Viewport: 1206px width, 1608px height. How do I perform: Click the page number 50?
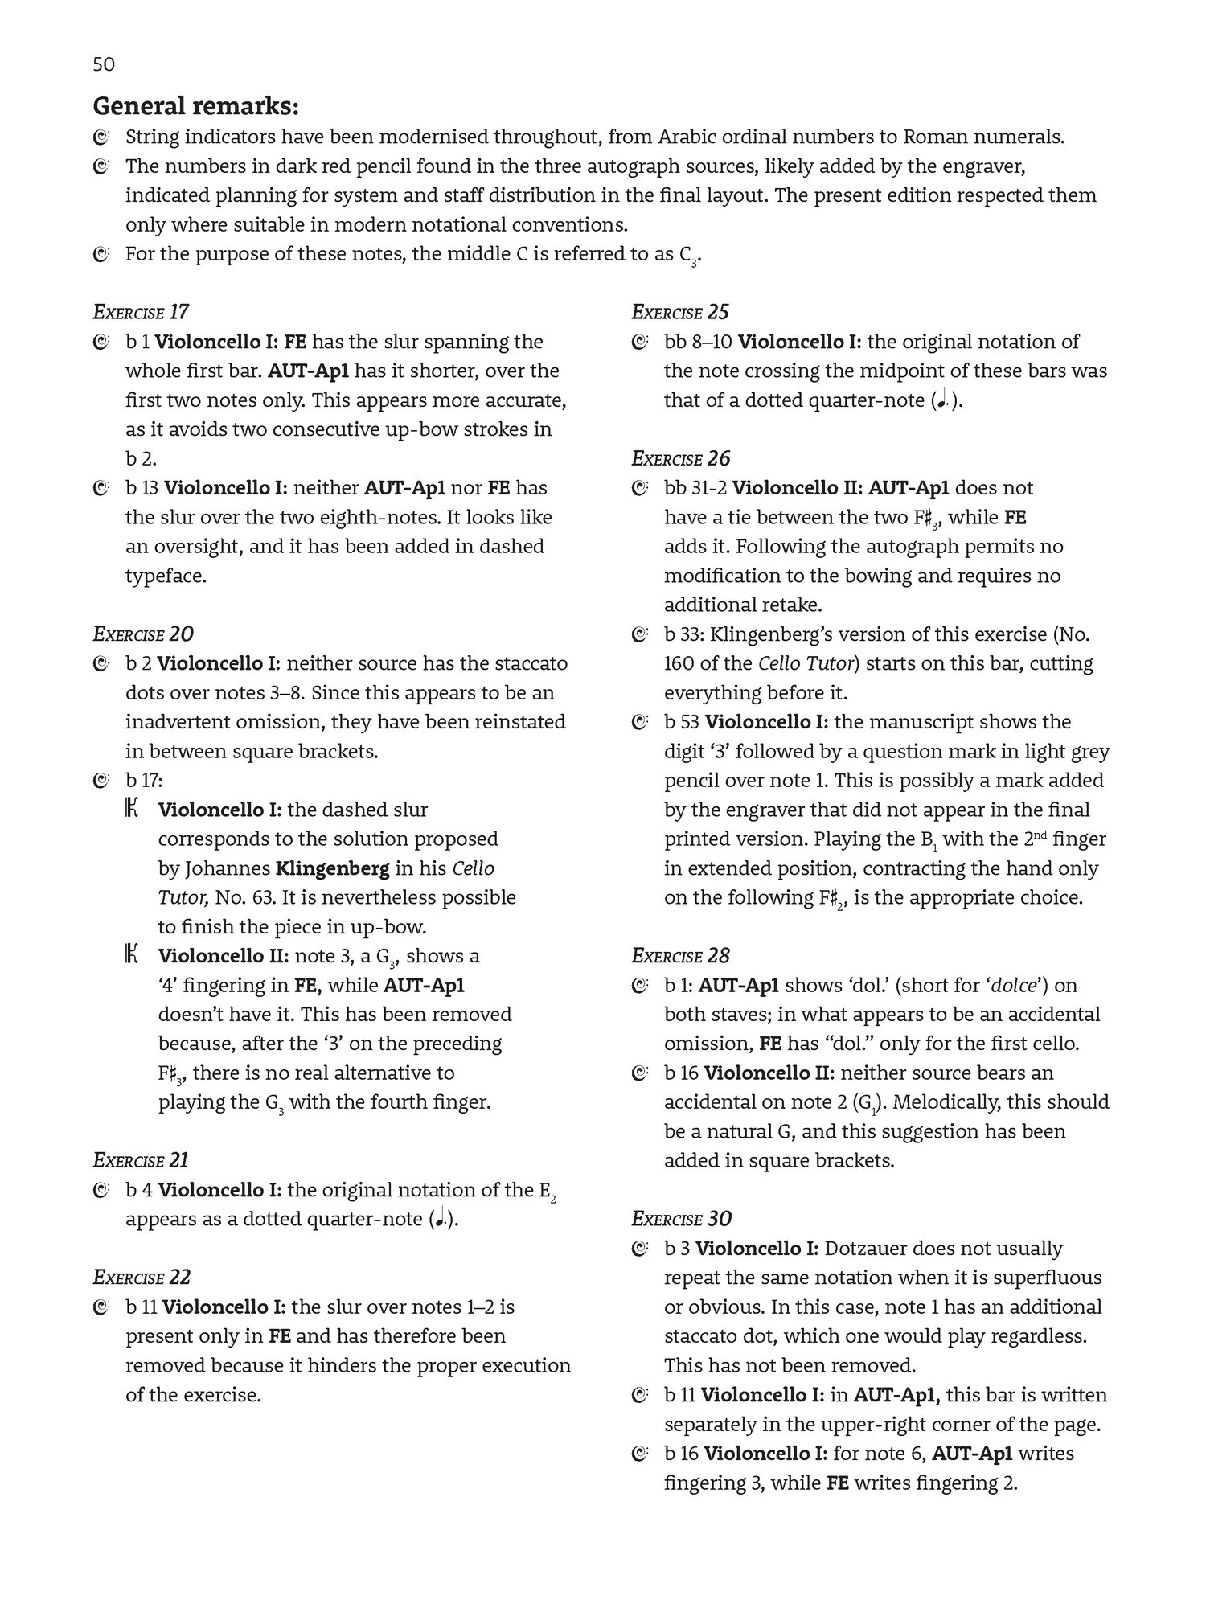pos(104,64)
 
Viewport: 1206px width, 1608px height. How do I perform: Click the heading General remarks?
pos(196,106)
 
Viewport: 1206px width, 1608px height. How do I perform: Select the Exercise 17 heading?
pos(142,312)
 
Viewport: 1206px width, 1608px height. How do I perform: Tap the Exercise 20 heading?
pos(143,634)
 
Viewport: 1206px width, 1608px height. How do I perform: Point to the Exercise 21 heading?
pos(141,1159)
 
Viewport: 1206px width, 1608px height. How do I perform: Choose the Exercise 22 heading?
pos(142,1277)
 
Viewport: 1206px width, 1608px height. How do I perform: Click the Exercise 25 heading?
pos(680,312)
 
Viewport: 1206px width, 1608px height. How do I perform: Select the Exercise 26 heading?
pos(681,458)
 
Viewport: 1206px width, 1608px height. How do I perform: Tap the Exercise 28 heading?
pos(681,955)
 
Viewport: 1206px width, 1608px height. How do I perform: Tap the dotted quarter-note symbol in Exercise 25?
pos(941,401)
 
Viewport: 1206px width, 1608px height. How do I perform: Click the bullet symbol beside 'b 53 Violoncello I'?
pos(639,722)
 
